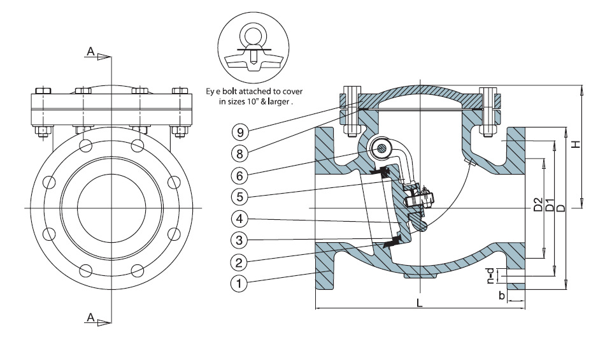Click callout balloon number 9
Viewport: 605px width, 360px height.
tap(239, 133)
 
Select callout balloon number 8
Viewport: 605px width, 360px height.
tap(239, 154)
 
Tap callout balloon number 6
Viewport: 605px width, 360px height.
tap(239, 175)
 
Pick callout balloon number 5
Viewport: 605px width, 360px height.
tap(239, 196)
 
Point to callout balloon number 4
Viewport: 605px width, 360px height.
tap(239, 219)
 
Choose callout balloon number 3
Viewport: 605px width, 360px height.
tap(239, 240)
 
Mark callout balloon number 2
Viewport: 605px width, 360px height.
tap(239, 262)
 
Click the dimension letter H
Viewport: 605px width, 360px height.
tap(574, 145)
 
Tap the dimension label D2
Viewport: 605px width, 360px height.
tap(537, 206)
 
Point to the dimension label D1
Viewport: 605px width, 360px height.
tap(549, 206)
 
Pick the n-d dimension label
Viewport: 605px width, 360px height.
tap(490, 276)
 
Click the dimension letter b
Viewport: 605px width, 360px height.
tap(502, 296)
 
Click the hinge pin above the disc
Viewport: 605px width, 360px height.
tap(381, 148)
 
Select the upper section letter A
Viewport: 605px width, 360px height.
tap(92, 55)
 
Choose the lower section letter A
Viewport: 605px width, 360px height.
tap(92, 317)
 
